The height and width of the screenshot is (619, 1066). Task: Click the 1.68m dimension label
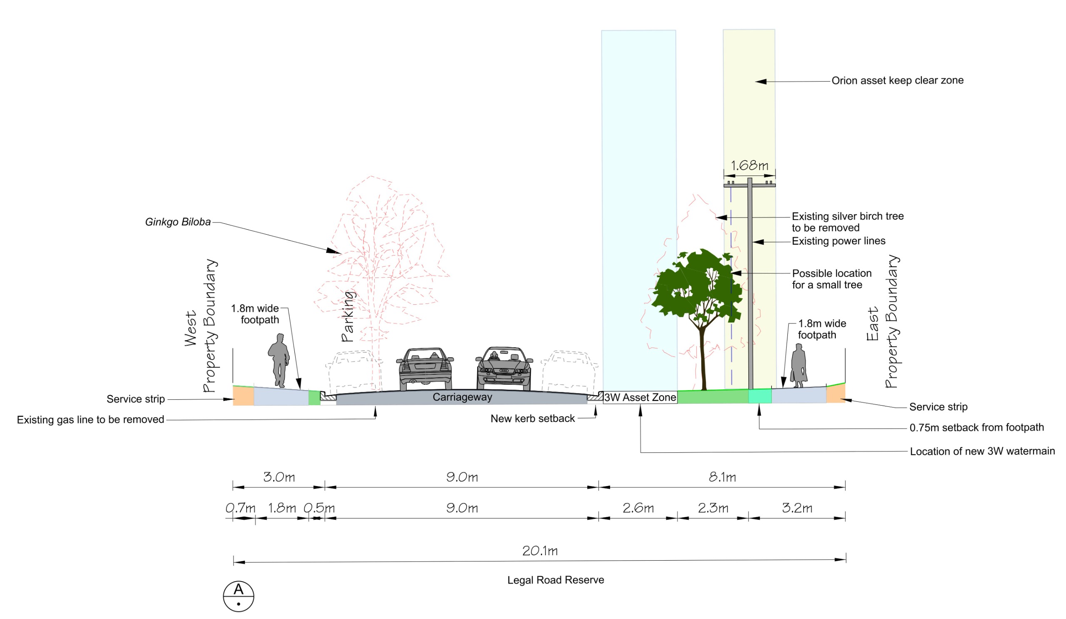749,165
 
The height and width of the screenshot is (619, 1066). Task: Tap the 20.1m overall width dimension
540,551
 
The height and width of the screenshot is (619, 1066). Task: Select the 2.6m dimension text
638,508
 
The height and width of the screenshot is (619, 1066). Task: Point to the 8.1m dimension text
722,477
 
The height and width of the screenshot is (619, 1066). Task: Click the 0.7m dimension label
240,508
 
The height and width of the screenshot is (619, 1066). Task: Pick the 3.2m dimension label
797,508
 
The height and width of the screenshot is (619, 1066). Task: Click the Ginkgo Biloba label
178,222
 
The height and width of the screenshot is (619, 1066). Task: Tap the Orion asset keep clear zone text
897,80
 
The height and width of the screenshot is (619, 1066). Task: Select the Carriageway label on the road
462,397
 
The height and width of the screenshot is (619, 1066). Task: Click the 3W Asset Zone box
640,397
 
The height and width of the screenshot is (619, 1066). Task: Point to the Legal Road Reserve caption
555,580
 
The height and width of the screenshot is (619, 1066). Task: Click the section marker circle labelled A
239,596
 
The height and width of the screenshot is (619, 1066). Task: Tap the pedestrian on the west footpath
279,360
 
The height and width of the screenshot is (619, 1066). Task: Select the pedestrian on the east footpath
798,366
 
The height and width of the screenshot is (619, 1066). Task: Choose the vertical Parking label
348,316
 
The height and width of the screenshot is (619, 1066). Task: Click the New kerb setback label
533,419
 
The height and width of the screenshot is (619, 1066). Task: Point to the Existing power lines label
838,241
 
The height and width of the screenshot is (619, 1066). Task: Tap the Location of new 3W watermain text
982,451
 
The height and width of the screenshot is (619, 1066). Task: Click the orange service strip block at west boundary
243,396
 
